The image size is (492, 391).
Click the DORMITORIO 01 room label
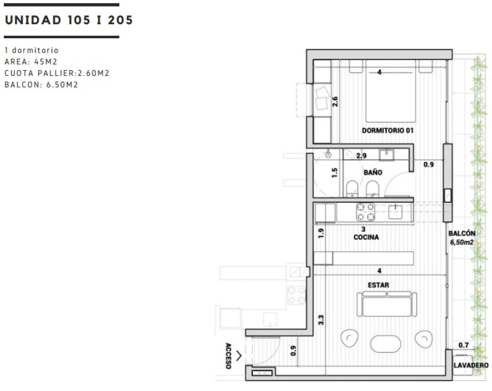[388, 130]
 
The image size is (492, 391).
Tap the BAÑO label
[373, 172]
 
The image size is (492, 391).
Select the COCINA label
[366, 237]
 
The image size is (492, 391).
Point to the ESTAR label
[378, 285]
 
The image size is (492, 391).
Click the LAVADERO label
[471, 365]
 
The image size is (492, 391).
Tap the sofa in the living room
[387, 304]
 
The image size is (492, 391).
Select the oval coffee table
[385, 344]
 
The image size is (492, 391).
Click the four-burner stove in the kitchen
[365, 212]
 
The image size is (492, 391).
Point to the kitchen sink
[395, 212]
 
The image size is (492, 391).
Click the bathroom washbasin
[387, 155]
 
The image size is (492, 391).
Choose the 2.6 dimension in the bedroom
[335, 102]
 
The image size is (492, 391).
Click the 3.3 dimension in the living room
[321, 320]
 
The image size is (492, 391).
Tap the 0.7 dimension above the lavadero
[463, 345]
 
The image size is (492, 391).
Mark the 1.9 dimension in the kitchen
[321, 233]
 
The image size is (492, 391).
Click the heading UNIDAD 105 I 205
[69, 20]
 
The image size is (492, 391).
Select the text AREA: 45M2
[31, 62]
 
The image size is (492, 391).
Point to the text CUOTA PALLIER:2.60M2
[57, 73]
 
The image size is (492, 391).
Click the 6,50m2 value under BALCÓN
[462, 242]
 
